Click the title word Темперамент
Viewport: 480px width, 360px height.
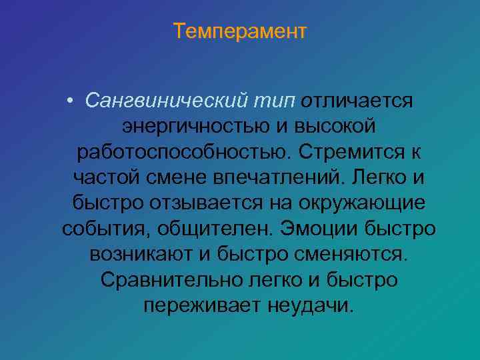(x=240, y=31)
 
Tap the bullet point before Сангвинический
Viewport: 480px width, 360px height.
(x=71, y=101)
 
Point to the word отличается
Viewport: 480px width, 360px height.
(x=357, y=101)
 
